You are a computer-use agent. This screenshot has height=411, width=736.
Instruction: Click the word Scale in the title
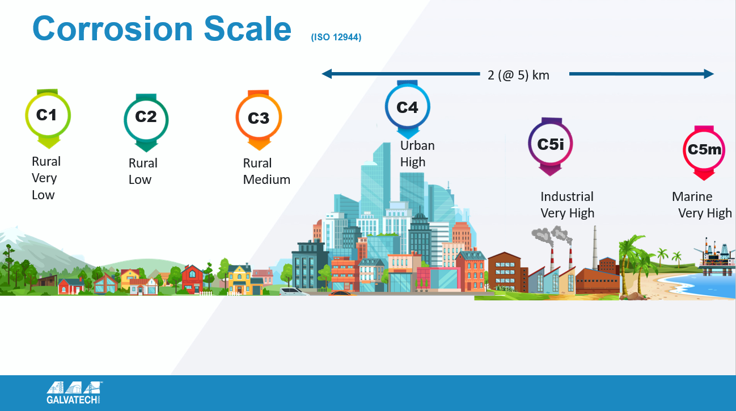tap(247, 29)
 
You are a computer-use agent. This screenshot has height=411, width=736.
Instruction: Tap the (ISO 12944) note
tap(336, 37)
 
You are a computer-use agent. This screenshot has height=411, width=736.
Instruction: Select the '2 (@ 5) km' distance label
tap(518, 76)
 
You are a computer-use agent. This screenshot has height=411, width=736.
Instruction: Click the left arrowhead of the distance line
tap(327, 74)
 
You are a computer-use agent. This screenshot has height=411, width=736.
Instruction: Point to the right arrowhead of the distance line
tap(709, 74)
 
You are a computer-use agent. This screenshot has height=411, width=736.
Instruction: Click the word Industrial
tap(567, 196)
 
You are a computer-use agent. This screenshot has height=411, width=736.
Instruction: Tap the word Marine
tap(692, 196)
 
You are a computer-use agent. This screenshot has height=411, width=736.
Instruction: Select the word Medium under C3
tap(267, 179)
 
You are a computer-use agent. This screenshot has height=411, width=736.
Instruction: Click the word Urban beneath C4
tap(417, 145)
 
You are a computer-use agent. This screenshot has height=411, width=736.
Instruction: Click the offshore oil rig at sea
tap(715, 255)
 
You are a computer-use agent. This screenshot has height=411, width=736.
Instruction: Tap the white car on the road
tap(293, 292)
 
